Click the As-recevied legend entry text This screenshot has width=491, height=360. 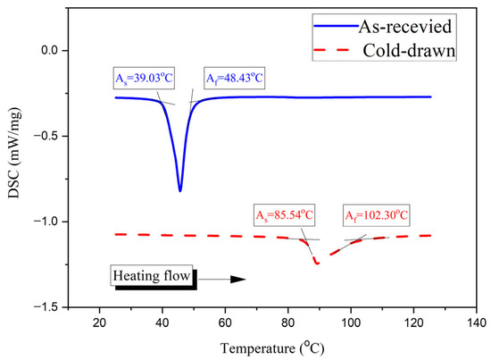[x=405, y=27]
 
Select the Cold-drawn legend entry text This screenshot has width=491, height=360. [x=409, y=50]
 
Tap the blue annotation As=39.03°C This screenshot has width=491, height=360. [x=144, y=78]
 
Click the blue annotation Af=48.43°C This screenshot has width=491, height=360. [x=234, y=78]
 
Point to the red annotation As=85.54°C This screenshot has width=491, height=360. [x=284, y=215]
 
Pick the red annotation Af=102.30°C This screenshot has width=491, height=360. [x=377, y=215]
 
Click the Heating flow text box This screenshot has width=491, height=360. [x=152, y=276]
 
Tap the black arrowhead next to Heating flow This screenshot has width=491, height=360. [x=238, y=280]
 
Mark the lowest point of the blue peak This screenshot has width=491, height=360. [x=180, y=191]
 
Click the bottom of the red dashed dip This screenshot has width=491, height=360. [x=317, y=264]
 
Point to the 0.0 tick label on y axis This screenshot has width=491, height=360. [x=51, y=50]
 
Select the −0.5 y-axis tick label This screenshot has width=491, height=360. [x=48, y=136]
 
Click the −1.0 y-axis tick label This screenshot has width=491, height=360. [x=48, y=222]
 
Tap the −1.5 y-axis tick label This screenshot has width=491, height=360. [x=48, y=307]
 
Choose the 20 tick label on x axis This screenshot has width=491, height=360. [x=99, y=322]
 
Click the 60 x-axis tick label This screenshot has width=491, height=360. [x=225, y=322]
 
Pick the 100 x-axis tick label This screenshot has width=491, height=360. [x=351, y=322]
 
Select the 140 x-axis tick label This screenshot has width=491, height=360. [x=477, y=322]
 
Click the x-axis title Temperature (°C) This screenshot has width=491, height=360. [x=272, y=348]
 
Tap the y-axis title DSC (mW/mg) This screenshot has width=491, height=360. [x=14, y=154]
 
